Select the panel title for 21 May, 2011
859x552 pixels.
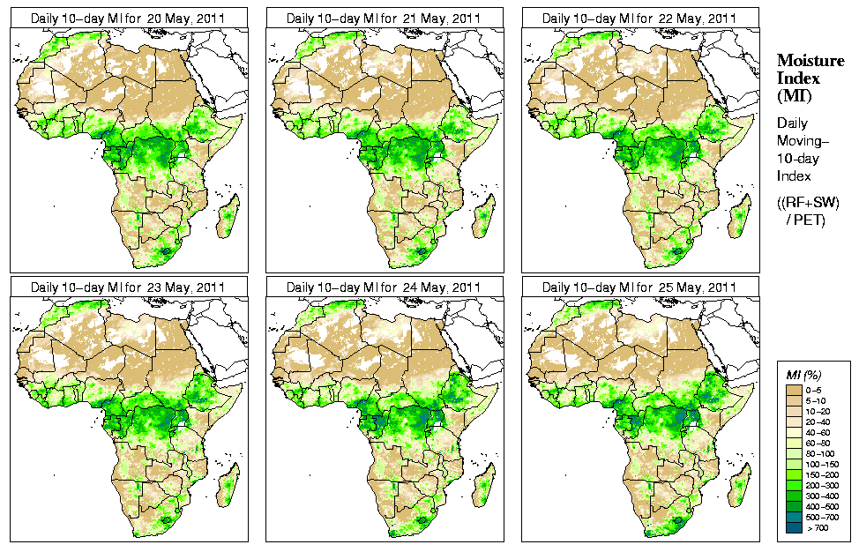click(384, 19)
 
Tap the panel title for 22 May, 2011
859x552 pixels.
click(639, 19)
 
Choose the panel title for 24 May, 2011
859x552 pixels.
click(384, 287)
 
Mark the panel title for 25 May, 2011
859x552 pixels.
click(639, 287)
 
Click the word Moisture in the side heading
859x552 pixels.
click(810, 60)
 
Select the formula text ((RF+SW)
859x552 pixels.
click(808, 203)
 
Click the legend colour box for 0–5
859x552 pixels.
click(794, 389)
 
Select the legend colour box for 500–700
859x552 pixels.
click(794, 516)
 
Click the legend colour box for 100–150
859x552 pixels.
click(794, 463)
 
